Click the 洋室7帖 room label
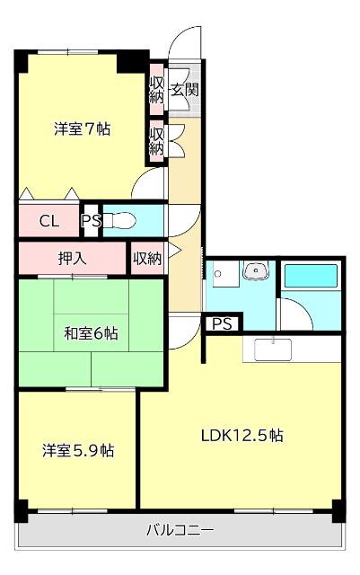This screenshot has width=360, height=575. click(82, 128)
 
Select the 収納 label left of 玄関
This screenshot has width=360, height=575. click(156, 89)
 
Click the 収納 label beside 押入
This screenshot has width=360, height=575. click(147, 259)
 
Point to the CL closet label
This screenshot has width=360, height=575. click(49, 221)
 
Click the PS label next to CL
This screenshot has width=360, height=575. click(91, 221)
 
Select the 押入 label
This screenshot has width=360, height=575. click(73, 259)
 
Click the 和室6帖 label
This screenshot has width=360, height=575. click(90, 333)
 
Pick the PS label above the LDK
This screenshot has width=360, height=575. click(222, 323)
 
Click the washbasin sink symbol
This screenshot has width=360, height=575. click(258, 270)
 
